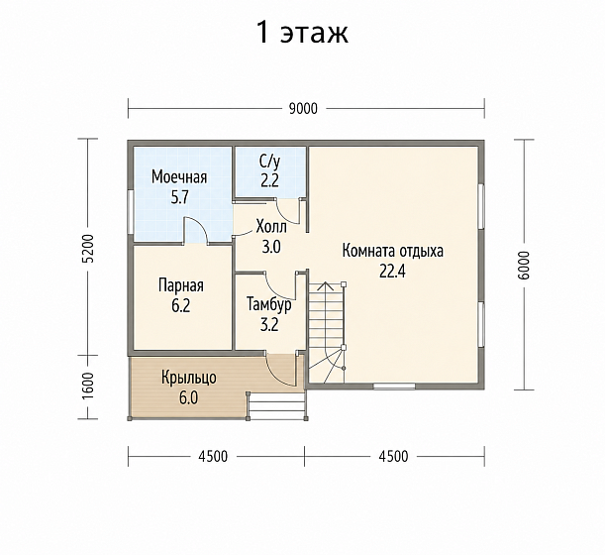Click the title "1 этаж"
tap(302, 33)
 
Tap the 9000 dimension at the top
tap(303, 109)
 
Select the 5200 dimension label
tap(89, 249)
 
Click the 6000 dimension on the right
tap(525, 265)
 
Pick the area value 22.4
tap(392, 272)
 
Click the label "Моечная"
tap(179, 177)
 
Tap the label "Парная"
tap(181, 286)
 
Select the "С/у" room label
tap(269, 163)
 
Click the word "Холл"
tap(271, 227)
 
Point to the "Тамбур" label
tap(269, 304)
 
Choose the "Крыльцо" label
tap(189, 379)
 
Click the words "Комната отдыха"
tap(393, 252)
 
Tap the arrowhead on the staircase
tap(326, 285)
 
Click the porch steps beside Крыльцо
tap(276, 406)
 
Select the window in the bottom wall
tap(394, 386)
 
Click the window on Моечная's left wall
tap(131, 212)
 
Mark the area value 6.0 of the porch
tap(188, 398)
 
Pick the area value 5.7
tap(179, 198)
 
